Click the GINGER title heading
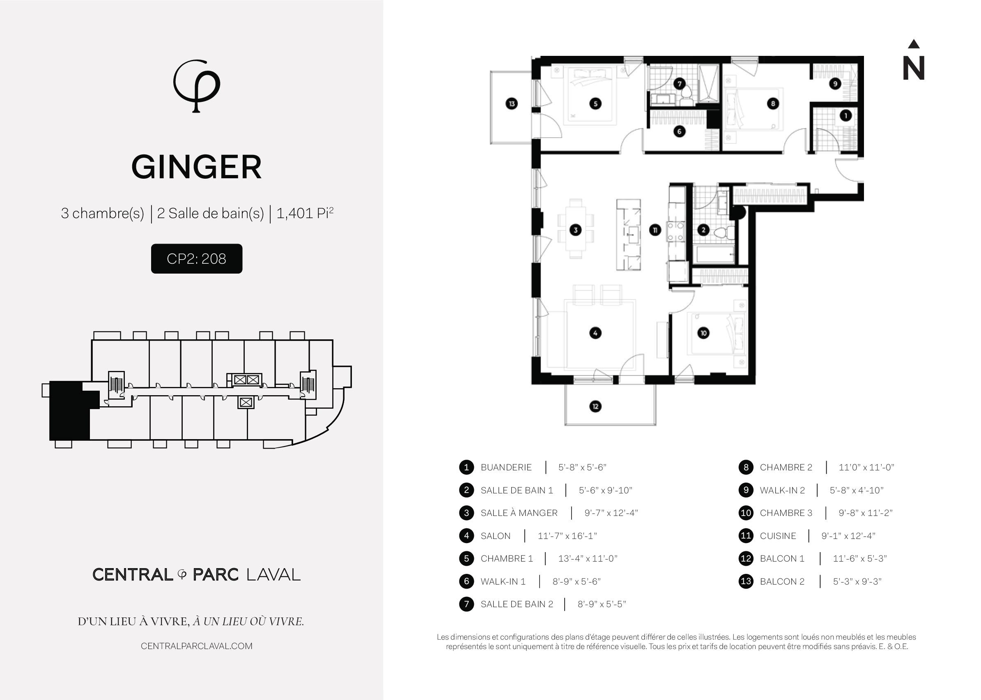[x=196, y=167]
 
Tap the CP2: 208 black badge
[x=196, y=259]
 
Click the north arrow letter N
[x=913, y=68]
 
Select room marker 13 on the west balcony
[x=511, y=104]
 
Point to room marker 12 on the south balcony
[x=595, y=406]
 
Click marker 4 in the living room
[x=595, y=333]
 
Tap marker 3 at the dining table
[x=576, y=230]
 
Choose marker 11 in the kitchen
[x=655, y=230]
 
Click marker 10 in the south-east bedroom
[x=703, y=333]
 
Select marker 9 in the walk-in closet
[x=835, y=84]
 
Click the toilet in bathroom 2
[x=686, y=97]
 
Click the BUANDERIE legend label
[x=506, y=467]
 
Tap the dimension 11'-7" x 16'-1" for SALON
[x=567, y=536]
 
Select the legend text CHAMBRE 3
[x=786, y=513]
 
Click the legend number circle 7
[x=466, y=604]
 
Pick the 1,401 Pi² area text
[x=305, y=213]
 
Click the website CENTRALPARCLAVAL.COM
[x=196, y=646]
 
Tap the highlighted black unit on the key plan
[x=69, y=410]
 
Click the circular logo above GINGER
[x=196, y=86]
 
